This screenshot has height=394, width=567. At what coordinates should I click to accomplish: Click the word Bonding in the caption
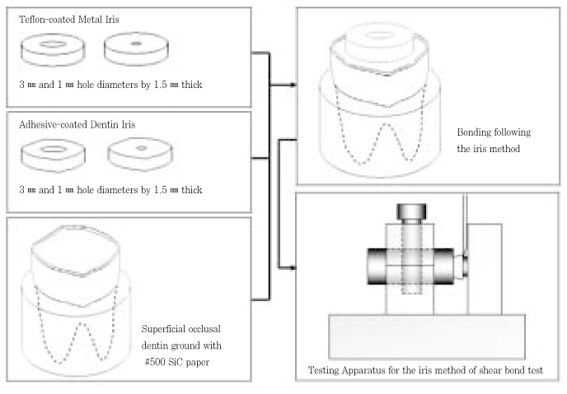click(472, 131)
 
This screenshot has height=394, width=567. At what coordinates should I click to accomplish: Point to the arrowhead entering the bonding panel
click(293, 85)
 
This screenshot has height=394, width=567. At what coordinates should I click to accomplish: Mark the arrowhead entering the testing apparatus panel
click(293, 267)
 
